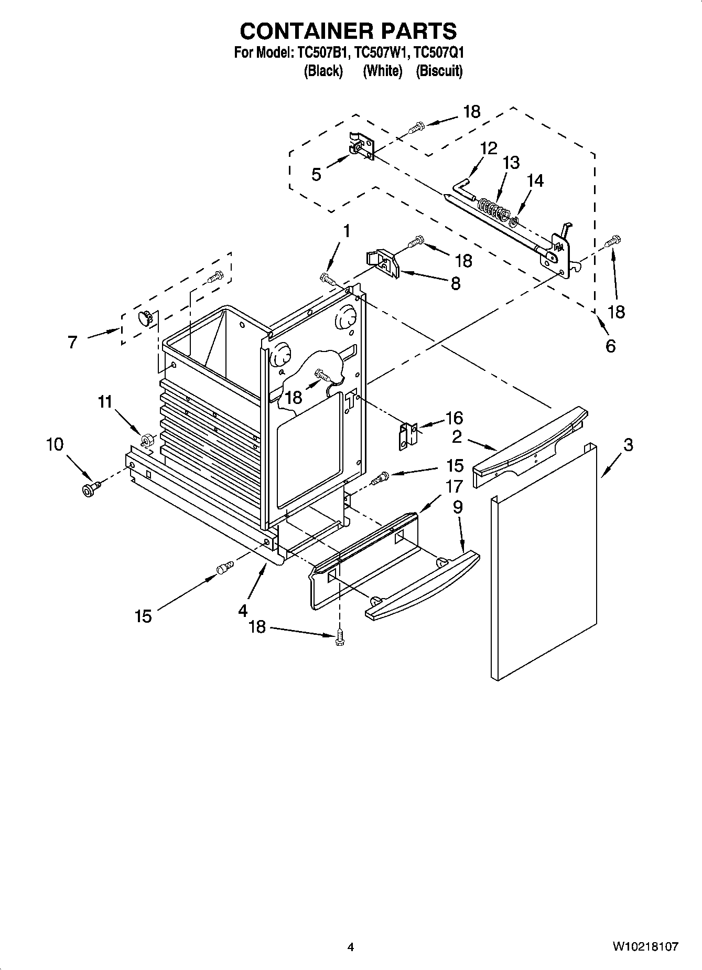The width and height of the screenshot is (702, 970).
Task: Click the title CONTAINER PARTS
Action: [348, 31]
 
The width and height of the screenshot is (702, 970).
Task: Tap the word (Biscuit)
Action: [439, 71]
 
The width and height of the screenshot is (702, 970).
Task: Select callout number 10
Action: [55, 444]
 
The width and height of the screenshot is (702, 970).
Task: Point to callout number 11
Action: [105, 402]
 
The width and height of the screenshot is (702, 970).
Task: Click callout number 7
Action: [72, 343]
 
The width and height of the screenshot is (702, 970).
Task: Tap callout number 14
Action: [535, 180]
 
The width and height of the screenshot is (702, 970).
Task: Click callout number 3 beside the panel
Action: [628, 445]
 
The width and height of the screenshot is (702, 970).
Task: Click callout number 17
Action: [453, 486]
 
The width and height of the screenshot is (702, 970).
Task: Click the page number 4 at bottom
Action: [351, 947]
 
